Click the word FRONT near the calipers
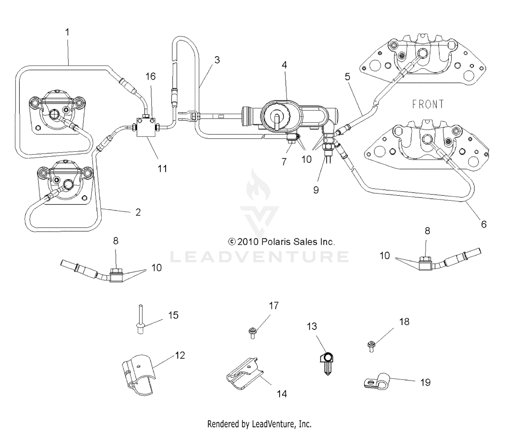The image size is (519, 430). (428, 104)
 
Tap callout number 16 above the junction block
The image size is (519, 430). (151, 77)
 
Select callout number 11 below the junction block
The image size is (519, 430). (162, 169)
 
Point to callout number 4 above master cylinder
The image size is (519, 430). (284, 65)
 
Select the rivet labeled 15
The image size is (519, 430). (141, 319)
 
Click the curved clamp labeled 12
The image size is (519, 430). (138, 375)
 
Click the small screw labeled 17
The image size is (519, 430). (252, 333)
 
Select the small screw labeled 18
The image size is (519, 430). (371, 346)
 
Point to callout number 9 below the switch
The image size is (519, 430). (316, 190)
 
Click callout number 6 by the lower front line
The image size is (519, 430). (484, 224)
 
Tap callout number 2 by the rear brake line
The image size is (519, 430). (138, 212)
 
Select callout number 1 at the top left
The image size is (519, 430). (67, 32)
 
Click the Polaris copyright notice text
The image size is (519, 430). (281, 242)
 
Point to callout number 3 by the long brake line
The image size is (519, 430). (217, 60)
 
